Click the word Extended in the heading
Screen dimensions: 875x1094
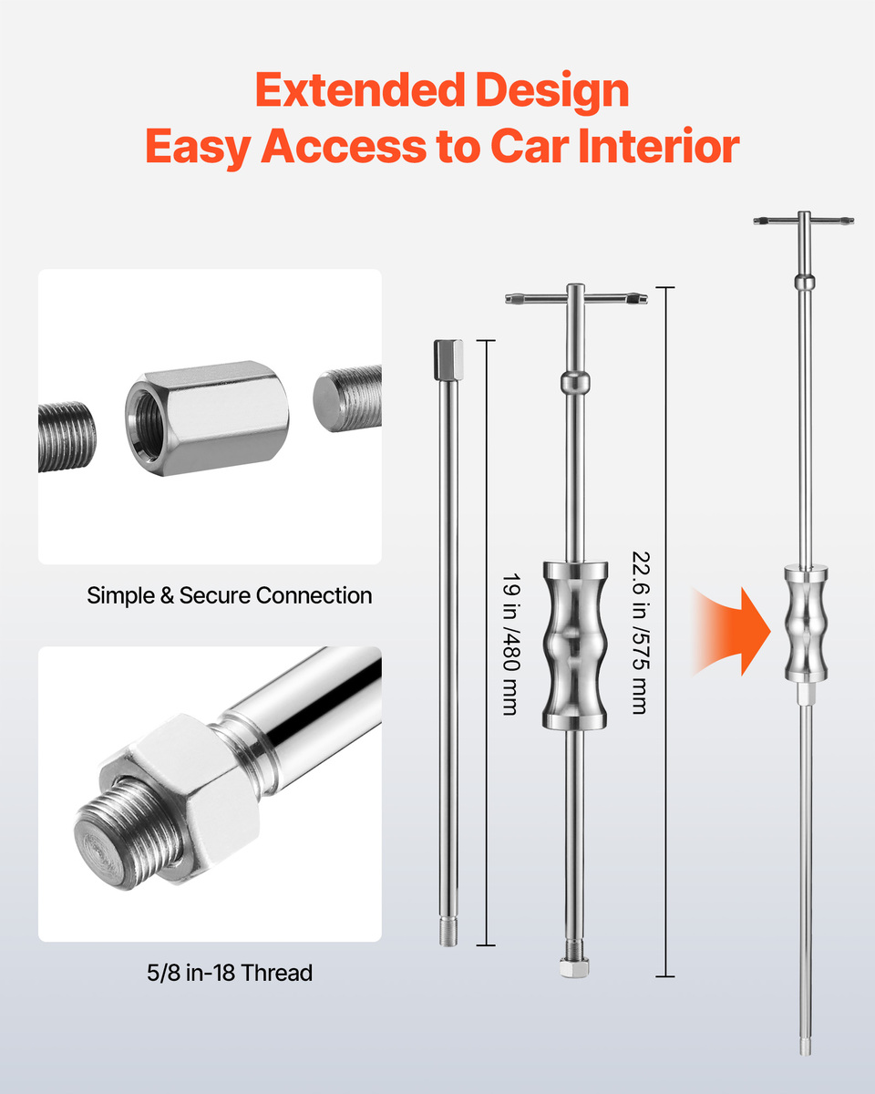[360, 89]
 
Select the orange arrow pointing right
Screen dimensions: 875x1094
[732, 632]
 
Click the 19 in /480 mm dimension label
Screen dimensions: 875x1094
[511, 645]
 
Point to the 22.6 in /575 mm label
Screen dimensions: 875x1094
[642, 633]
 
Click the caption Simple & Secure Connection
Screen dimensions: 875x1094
[230, 595]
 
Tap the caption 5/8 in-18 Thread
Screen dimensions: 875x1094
[230, 973]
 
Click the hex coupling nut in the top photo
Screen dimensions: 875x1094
[207, 418]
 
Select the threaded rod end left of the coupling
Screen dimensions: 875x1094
[67, 436]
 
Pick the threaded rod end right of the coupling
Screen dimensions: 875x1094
[347, 398]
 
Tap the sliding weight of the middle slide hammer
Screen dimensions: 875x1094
[575, 645]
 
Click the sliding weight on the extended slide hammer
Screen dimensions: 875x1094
[806, 624]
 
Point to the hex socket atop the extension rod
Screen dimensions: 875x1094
[448, 359]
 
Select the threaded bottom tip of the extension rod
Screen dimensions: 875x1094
[448, 932]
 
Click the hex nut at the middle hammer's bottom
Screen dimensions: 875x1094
[574, 967]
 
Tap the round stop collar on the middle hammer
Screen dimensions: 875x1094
[575, 382]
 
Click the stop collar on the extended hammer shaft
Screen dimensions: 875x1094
[805, 282]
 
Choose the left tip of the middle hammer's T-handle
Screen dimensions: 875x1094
[507, 299]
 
